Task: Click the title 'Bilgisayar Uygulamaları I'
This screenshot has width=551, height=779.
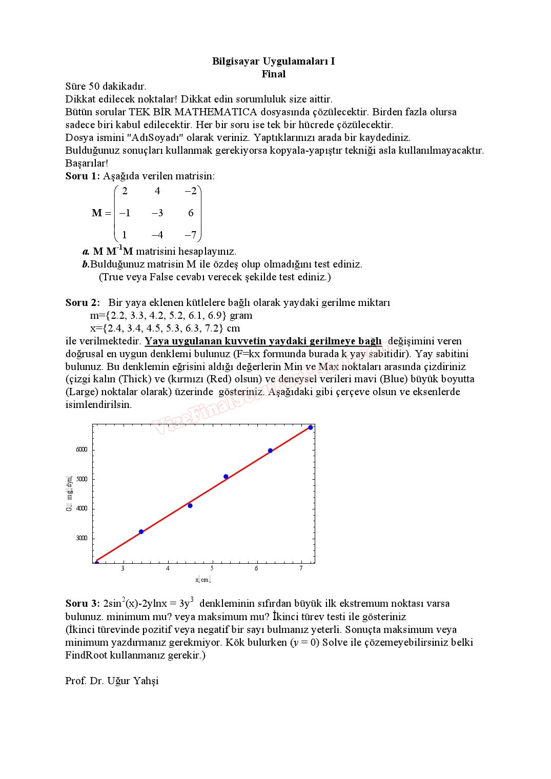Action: [x=273, y=61]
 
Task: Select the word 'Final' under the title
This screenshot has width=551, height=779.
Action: [x=273, y=74]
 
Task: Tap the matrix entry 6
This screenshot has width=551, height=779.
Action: [x=191, y=213]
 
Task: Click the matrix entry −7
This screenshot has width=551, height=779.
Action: [x=190, y=235]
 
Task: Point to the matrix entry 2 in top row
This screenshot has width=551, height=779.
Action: [x=125, y=191]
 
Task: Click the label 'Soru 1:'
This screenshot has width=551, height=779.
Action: [x=83, y=176]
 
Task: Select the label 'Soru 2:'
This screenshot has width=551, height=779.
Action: [x=83, y=303]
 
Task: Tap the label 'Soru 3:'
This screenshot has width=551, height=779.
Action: [x=83, y=604]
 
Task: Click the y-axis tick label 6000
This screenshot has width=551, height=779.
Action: [x=81, y=449]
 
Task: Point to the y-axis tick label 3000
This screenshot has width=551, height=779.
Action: [x=81, y=538]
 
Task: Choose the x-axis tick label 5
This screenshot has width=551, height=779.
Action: [x=212, y=568]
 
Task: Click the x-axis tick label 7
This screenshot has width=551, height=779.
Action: [x=301, y=568]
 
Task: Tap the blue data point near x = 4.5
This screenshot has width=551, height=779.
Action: [x=190, y=506]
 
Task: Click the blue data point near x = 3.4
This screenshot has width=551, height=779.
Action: [x=141, y=531]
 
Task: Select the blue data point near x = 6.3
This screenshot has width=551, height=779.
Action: [x=270, y=451]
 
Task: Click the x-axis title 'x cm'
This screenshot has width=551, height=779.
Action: [x=203, y=580]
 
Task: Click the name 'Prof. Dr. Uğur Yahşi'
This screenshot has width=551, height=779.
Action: [x=112, y=681]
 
